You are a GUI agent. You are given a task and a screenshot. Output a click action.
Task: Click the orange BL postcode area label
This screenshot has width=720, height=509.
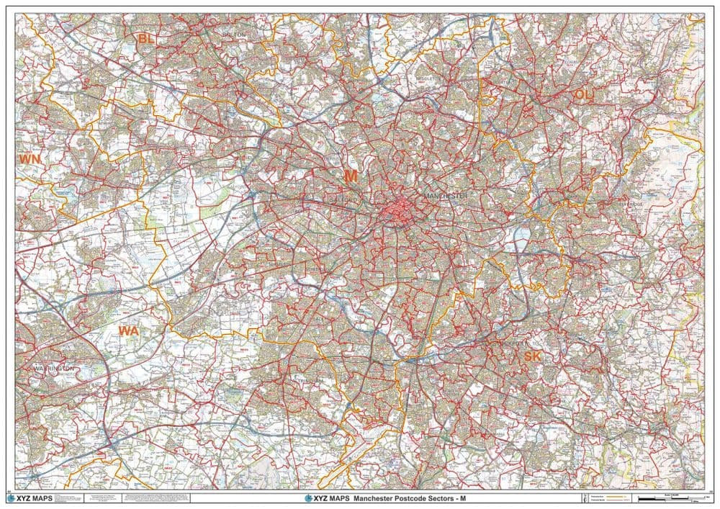[147, 38]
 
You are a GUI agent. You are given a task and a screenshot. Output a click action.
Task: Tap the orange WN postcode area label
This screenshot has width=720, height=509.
[30, 158]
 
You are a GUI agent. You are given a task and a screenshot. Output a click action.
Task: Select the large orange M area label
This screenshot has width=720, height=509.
[351, 176]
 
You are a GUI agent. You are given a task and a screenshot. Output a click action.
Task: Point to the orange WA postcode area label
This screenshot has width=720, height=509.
[128, 331]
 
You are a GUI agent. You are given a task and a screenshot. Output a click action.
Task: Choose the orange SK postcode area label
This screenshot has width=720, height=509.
[533, 357]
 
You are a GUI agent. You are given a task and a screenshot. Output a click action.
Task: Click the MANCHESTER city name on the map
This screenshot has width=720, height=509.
[446, 196]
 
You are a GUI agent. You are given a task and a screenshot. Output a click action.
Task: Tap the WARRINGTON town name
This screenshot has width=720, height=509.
[54, 368]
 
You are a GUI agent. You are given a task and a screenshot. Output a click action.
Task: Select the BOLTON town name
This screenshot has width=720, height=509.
[235, 34]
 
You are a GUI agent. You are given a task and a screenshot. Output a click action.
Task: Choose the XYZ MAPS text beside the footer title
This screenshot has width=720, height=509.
[328, 497]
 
